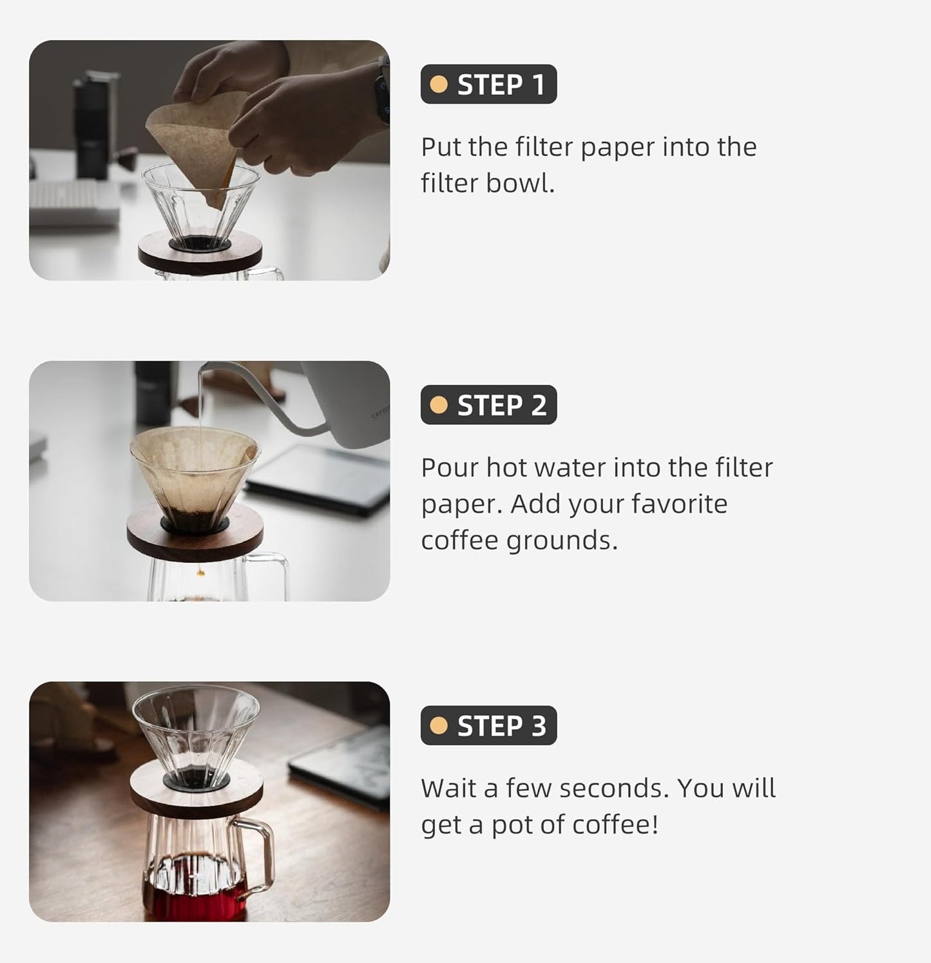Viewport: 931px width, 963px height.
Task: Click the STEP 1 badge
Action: pos(488,84)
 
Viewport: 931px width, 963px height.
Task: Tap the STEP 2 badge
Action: pos(488,405)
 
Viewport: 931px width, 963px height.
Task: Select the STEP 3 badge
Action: pos(488,726)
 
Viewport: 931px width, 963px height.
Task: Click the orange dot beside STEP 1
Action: pos(439,84)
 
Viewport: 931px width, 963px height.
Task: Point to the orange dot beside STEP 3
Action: pos(439,726)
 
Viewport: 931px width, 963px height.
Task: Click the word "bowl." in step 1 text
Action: pos(520,184)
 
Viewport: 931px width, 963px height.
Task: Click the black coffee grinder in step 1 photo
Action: pos(97,126)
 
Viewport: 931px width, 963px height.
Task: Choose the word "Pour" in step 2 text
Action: pos(450,468)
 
